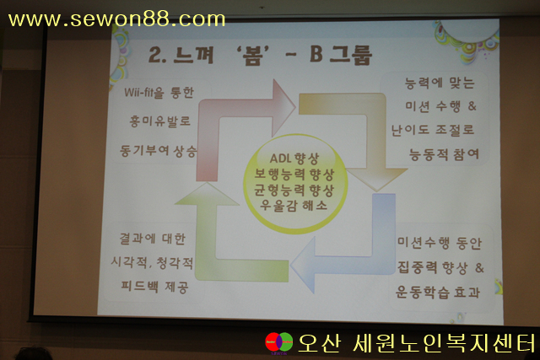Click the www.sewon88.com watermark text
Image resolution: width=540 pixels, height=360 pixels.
click(x=116, y=19)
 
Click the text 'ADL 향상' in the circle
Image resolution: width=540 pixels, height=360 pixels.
click(x=294, y=159)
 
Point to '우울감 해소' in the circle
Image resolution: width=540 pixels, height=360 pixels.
click(x=294, y=206)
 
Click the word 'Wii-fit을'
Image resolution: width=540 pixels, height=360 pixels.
click(x=144, y=93)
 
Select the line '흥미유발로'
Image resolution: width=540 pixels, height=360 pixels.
click(x=159, y=121)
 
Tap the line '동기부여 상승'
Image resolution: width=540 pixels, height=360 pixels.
click(x=158, y=151)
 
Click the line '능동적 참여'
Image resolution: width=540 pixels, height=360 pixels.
click(x=444, y=154)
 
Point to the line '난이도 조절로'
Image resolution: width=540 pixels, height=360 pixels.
click(x=433, y=130)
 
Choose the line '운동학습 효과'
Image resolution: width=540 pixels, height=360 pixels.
click(x=438, y=293)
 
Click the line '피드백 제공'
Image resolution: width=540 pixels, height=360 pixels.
click(x=154, y=287)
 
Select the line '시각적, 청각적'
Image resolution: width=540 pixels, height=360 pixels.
click(x=152, y=262)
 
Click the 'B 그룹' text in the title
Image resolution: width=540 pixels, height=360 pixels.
click(x=341, y=55)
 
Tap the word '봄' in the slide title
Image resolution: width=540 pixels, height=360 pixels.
click(x=252, y=56)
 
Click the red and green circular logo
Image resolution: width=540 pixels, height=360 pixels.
click(x=279, y=342)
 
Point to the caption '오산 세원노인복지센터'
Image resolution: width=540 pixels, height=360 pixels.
click(x=417, y=343)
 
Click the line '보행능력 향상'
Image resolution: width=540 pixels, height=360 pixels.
click(x=294, y=175)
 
